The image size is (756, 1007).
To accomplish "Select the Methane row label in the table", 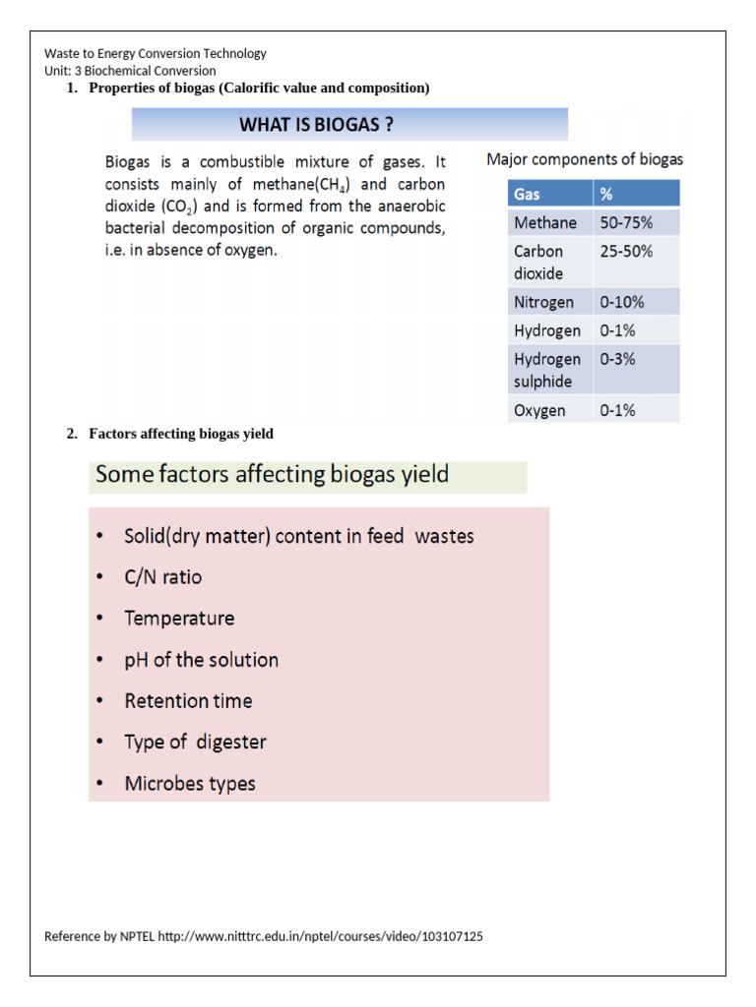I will [x=545, y=223].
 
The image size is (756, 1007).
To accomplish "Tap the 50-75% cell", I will [x=626, y=223].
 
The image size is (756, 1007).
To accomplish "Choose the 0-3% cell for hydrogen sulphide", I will [x=617, y=359].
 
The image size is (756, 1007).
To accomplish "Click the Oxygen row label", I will [x=539, y=410].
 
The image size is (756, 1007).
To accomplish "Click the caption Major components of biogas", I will [x=585, y=159].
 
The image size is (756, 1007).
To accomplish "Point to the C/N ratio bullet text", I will [x=163, y=577].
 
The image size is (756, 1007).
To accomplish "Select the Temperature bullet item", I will [x=179, y=619].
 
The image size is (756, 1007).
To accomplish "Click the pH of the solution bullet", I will [x=201, y=660].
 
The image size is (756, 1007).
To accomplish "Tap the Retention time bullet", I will [x=188, y=701].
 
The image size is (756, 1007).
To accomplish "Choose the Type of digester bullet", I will [x=195, y=742].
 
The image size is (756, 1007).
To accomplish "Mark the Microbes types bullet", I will [x=190, y=784].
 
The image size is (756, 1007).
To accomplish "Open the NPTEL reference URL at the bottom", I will [x=320, y=937].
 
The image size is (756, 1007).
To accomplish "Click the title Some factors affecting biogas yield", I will [x=272, y=476].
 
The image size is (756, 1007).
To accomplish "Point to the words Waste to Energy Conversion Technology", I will [x=156, y=54].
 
